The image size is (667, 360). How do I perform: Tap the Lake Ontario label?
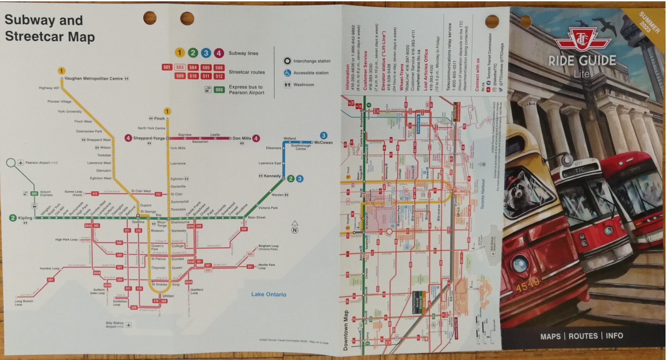point(268,294)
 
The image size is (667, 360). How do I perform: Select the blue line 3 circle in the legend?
point(206,53)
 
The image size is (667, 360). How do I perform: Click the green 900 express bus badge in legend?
point(219,90)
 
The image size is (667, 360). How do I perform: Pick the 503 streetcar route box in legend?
point(180,67)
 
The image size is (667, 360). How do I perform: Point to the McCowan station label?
point(323,142)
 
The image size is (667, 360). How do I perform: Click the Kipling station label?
point(25,218)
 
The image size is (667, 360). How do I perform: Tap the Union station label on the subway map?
point(168,296)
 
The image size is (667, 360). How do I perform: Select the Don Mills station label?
point(241,138)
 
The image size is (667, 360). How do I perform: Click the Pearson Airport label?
point(38,162)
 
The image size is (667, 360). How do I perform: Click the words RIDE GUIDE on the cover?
point(582,61)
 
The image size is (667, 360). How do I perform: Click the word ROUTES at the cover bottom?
point(583,336)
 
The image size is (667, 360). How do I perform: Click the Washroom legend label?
point(303,85)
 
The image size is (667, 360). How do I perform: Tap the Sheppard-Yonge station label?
point(149,138)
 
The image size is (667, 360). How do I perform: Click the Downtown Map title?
point(345,330)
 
